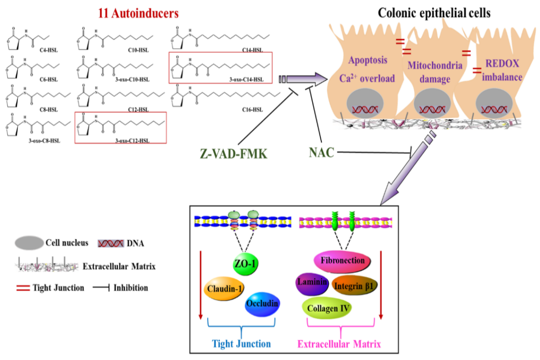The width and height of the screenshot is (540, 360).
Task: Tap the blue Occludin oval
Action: coord(262,306)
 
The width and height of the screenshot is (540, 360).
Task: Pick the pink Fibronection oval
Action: coord(343,261)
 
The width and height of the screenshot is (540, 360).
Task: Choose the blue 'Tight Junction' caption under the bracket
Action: coord(242,344)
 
